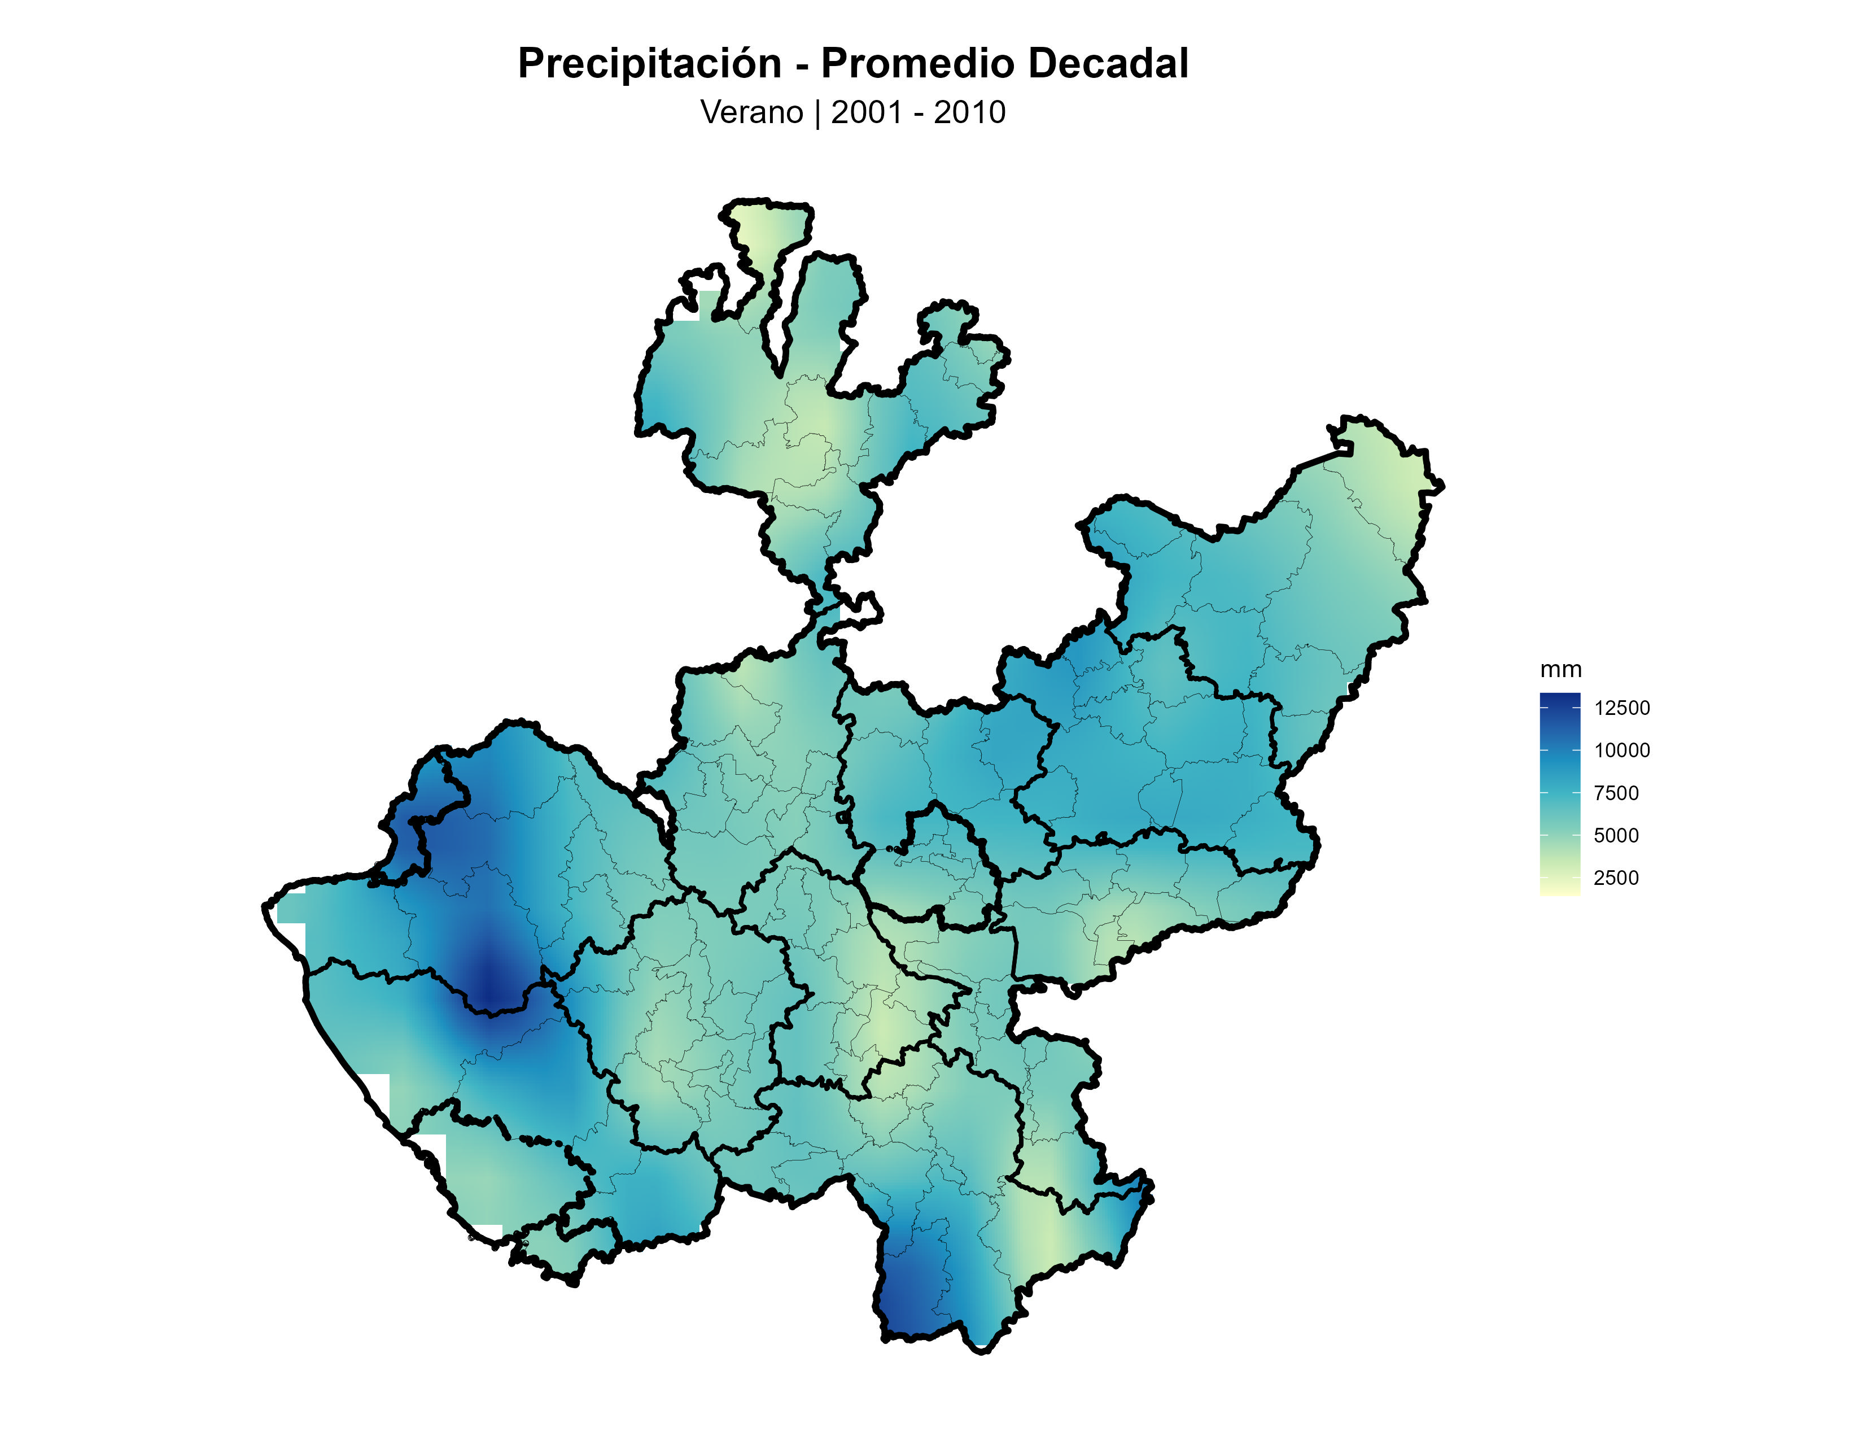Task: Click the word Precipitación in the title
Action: pyautogui.click(x=649, y=64)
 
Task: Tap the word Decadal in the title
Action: pyautogui.click(x=1108, y=64)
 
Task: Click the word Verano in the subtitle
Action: pyautogui.click(x=751, y=112)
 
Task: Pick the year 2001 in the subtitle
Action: pyautogui.click(x=866, y=112)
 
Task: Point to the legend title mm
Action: pyautogui.click(x=1560, y=670)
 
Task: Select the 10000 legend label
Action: pyautogui.click(x=1621, y=750)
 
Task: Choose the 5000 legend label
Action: pyautogui.click(x=1616, y=836)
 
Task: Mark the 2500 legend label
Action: pyautogui.click(x=1616, y=878)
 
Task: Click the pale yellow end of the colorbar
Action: pyautogui.click(x=1559, y=891)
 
